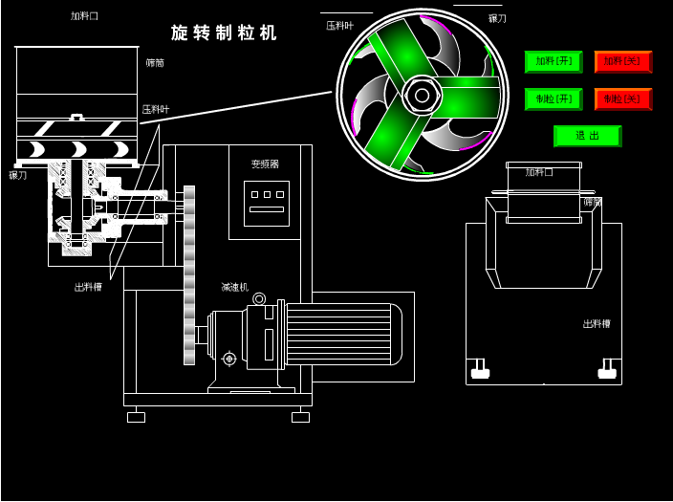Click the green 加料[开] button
[554, 62]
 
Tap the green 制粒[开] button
[554, 99]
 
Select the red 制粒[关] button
[623, 99]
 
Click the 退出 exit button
[587, 136]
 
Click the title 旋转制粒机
[225, 33]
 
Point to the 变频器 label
[265, 164]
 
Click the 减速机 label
[234, 287]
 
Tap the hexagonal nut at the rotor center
[422, 95]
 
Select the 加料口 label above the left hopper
[84, 16]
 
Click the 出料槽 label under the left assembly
[88, 287]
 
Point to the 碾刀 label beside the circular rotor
[497, 18]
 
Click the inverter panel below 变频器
[267, 203]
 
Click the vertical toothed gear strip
[189, 275]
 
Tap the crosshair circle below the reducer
[229, 359]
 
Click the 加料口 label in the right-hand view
[539, 172]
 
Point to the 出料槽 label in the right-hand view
[597, 324]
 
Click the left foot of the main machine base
[136, 417]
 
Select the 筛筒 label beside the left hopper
[155, 63]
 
